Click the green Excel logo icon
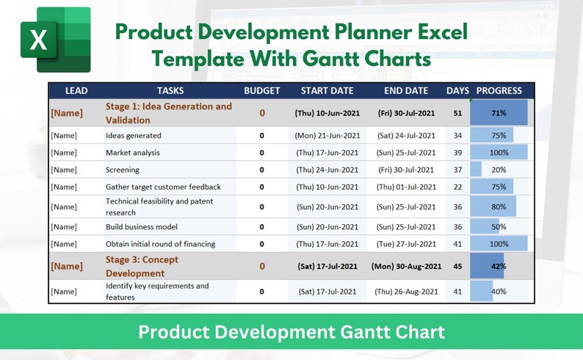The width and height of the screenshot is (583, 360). [x=55, y=40]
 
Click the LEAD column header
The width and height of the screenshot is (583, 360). [x=77, y=90]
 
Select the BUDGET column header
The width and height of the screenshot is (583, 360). [x=262, y=90]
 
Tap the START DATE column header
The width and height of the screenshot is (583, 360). [x=327, y=90]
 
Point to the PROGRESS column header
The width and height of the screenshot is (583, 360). [x=499, y=90]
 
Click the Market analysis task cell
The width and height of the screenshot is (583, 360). [x=133, y=153]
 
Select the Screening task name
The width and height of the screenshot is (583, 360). [x=123, y=170]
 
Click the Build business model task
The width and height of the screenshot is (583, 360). [x=142, y=227]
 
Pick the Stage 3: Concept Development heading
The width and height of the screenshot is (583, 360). [x=142, y=266]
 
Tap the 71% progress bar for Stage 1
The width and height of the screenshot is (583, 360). [x=499, y=113]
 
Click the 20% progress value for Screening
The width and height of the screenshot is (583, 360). [x=499, y=170]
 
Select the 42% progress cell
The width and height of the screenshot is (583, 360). [x=499, y=266]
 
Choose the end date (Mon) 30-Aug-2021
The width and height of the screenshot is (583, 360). [x=406, y=266]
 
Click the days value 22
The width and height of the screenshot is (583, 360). [x=457, y=187]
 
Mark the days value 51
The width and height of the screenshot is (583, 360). [x=457, y=113]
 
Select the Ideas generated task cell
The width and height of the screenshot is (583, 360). [x=134, y=136]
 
